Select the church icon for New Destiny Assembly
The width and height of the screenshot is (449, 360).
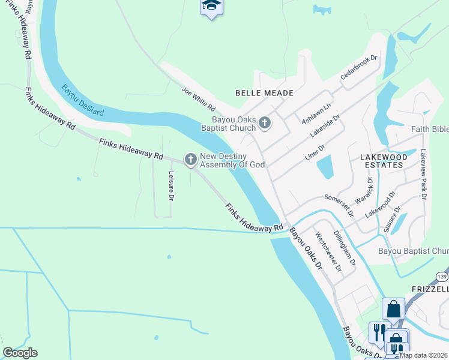[191, 160]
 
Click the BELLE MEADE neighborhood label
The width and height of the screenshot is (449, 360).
[264, 93]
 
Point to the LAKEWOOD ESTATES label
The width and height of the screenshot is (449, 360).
[383, 160]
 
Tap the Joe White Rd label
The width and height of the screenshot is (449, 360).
[199, 99]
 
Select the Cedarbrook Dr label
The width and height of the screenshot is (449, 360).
[358, 68]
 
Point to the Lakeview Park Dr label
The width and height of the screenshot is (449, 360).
[423, 174]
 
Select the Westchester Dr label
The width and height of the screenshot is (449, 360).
[328, 252]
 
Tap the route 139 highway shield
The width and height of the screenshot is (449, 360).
[442, 277]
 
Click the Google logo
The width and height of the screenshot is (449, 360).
[20, 353]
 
